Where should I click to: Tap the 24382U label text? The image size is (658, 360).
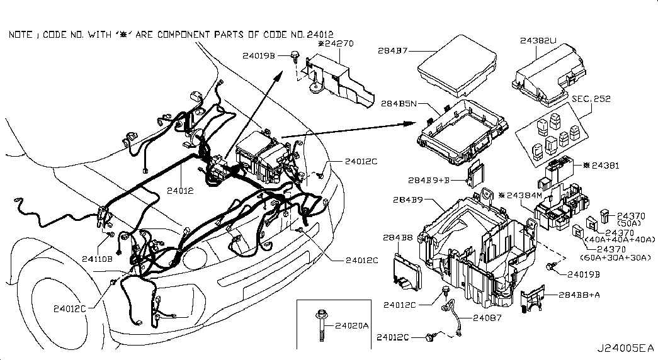tap(538, 41)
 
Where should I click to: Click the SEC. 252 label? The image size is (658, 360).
tap(591, 99)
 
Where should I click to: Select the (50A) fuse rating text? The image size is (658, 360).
tap(630, 223)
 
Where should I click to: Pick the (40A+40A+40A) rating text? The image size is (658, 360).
tap(620, 240)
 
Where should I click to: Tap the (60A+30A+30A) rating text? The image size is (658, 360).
tap(615, 257)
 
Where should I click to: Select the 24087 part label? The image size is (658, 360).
tap(487, 318)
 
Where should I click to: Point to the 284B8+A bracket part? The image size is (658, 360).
tap(531, 298)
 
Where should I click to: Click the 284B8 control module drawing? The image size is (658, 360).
tap(407, 271)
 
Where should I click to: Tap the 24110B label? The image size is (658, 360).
tap(97, 259)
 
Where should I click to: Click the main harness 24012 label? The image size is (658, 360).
tap(181, 191)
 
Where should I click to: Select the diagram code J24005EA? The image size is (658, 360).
tap(626, 348)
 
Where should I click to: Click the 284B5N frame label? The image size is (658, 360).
tap(399, 103)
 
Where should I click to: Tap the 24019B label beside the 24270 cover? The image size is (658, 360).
tap(259, 55)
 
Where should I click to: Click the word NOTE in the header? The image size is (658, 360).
tap(20, 35)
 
